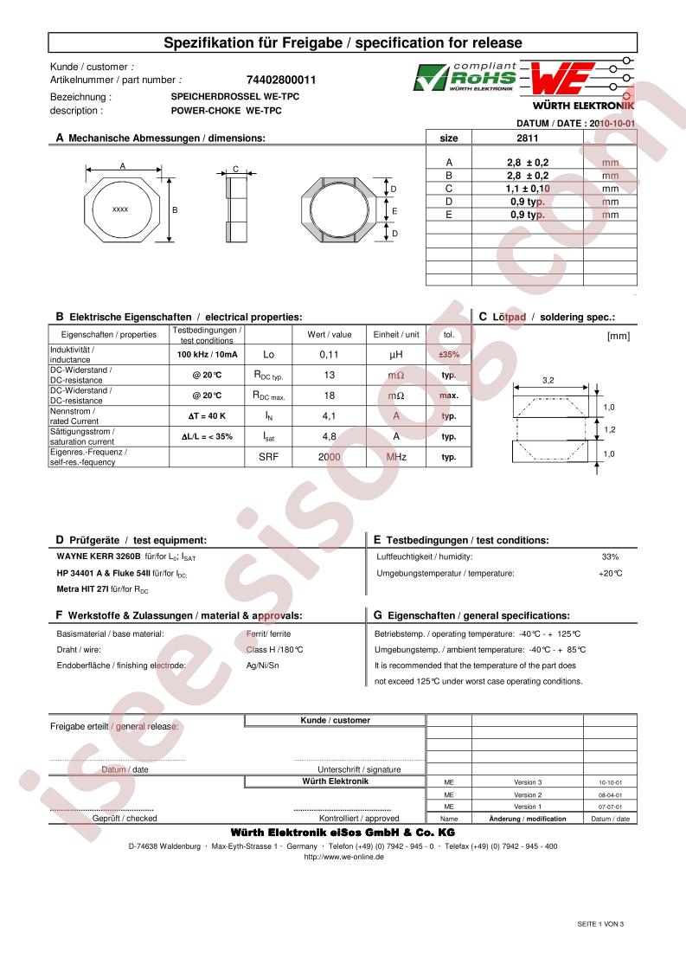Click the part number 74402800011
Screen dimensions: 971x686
[x=275, y=80]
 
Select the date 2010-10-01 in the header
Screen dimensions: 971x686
[x=607, y=124]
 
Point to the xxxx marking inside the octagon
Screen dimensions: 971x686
[x=121, y=209]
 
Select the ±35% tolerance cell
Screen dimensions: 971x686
[x=448, y=355]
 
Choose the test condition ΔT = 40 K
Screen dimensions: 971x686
[x=207, y=416]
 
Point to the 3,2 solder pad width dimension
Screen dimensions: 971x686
[x=548, y=380]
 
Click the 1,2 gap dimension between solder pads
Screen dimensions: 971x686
[x=608, y=429]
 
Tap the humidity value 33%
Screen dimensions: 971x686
[x=610, y=556]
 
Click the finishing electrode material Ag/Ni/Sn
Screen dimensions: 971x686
[x=263, y=666]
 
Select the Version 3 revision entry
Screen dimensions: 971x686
[x=527, y=781]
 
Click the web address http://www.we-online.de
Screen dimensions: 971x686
[x=343, y=857]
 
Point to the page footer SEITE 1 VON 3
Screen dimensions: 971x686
[x=600, y=924]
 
